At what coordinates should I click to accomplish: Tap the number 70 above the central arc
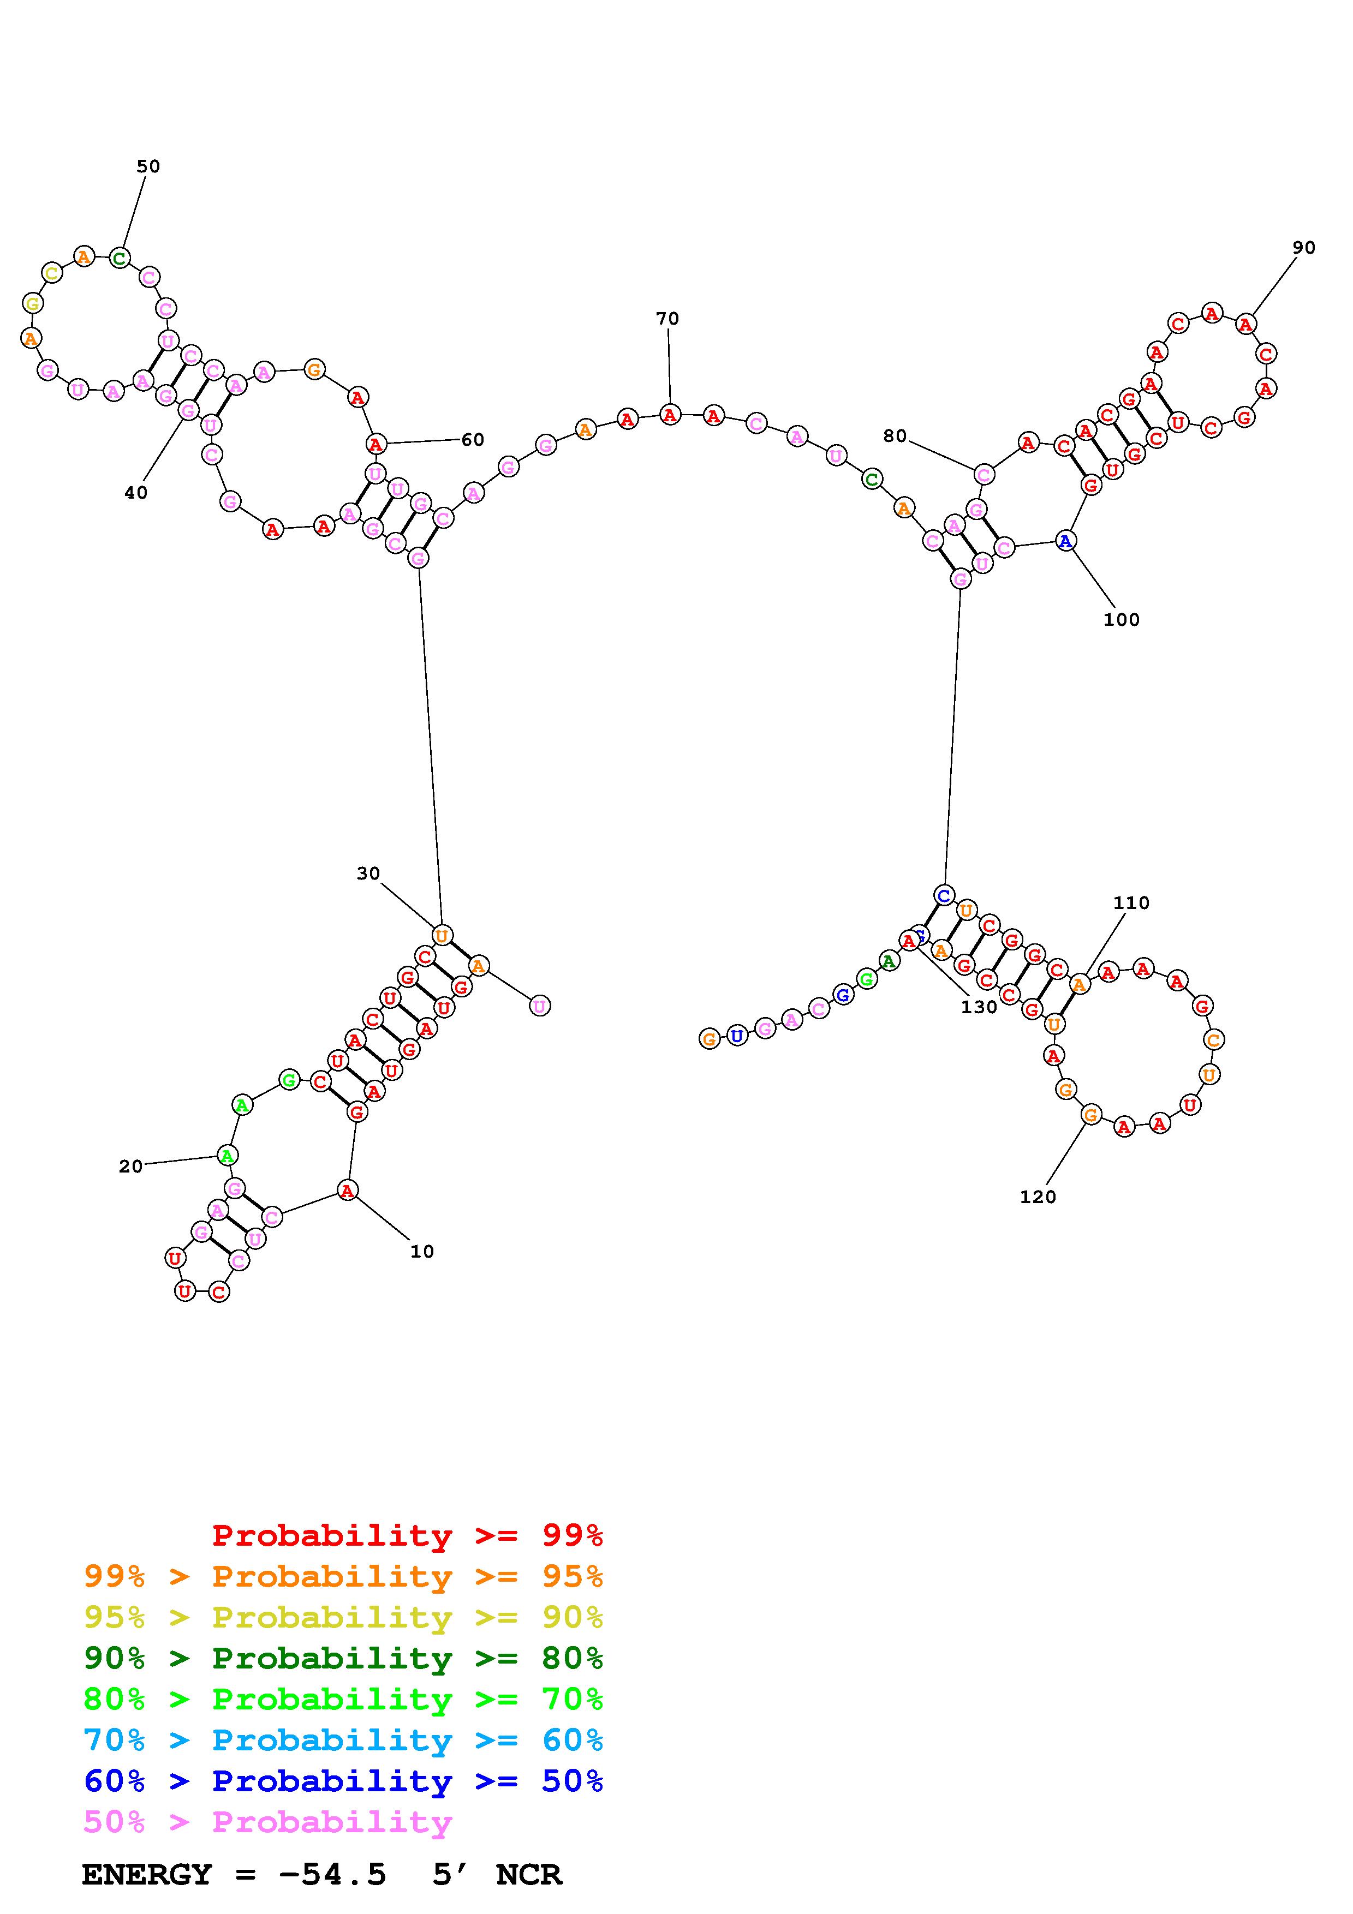[x=667, y=319]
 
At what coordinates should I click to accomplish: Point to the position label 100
[x=1120, y=619]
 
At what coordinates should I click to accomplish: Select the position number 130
[x=978, y=1007]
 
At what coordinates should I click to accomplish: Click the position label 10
[x=422, y=1251]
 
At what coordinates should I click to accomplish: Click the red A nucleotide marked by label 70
[x=670, y=414]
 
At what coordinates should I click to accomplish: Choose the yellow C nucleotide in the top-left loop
[x=52, y=273]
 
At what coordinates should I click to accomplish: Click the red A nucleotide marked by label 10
[x=348, y=1191]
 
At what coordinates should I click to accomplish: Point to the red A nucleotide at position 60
[x=376, y=444]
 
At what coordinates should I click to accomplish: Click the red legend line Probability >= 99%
[x=407, y=1535]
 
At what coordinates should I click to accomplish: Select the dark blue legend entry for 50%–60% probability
[x=343, y=1781]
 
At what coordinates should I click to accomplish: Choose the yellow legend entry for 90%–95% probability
[x=343, y=1617]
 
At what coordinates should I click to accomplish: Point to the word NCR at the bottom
[x=528, y=1874]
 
